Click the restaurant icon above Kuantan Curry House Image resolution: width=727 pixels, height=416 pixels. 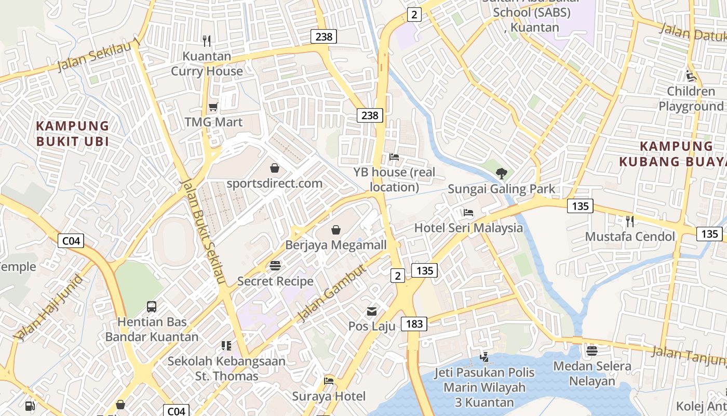[x=207, y=41]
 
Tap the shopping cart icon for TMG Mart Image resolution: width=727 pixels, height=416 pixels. [x=213, y=107]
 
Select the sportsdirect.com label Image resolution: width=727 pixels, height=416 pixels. [x=274, y=184]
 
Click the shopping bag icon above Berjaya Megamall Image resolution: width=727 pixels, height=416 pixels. [x=336, y=229]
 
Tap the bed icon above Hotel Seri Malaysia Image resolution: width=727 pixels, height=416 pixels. [x=468, y=213]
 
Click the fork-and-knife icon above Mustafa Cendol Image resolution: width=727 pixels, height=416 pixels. [x=630, y=222]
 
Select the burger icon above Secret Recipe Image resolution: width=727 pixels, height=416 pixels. [x=275, y=266]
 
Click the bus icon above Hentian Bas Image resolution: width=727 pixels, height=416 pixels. [x=152, y=307]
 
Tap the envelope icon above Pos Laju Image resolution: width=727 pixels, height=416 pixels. [x=372, y=311]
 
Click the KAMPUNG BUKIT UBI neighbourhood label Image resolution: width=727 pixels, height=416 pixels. [x=73, y=134]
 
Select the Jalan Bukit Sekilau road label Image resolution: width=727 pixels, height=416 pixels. [x=203, y=232]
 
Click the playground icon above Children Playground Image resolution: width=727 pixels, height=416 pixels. [x=691, y=76]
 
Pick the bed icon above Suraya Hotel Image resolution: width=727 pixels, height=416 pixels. [x=329, y=381]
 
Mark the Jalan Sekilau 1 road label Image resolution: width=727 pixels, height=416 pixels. [x=99, y=55]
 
